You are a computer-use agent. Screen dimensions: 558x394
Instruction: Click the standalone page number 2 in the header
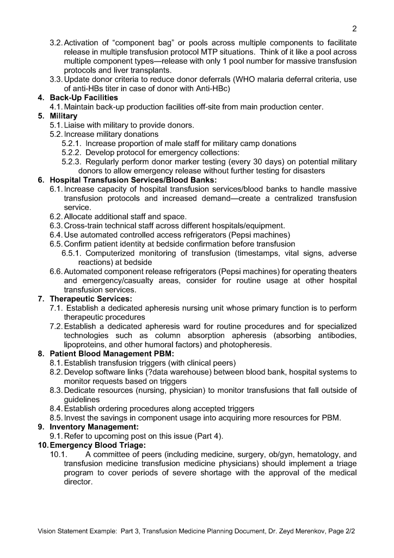[x=354, y=29]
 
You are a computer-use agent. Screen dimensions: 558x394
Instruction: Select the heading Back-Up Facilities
[x=84, y=98]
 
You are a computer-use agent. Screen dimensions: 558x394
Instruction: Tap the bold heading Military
[x=64, y=116]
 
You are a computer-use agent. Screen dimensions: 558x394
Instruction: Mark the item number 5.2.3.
[x=72, y=162]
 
